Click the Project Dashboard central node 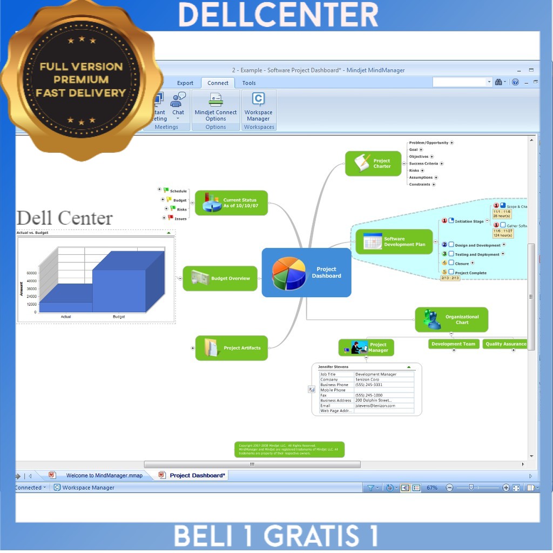(x=306, y=272)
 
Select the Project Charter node (x=374, y=163)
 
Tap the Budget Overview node (x=220, y=279)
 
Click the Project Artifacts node (x=232, y=348)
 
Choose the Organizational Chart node (x=451, y=320)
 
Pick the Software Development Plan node (x=394, y=241)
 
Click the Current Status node (x=231, y=203)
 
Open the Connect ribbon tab (x=218, y=83)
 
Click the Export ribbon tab (x=185, y=83)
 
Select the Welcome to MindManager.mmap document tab (x=104, y=475)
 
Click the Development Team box (x=454, y=344)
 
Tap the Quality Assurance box (x=505, y=344)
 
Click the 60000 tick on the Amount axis (x=31, y=273)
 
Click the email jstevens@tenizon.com (x=375, y=406)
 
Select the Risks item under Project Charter (x=414, y=171)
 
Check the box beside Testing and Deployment (x=451, y=254)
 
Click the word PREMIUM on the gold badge (x=81, y=80)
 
